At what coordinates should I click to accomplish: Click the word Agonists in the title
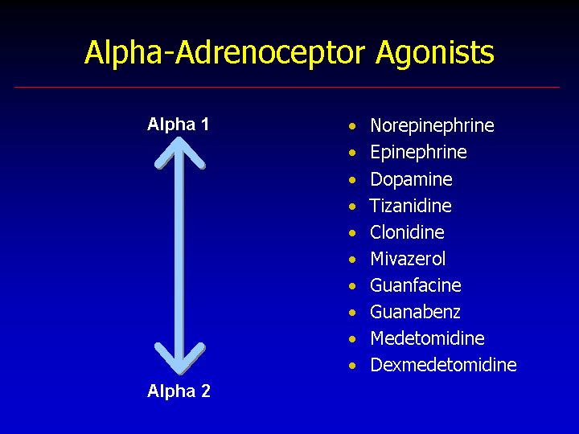[x=435, y=54]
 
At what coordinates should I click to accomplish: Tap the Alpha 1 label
[x=178, y=124]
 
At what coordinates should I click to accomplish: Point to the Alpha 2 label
[x=179, y=391]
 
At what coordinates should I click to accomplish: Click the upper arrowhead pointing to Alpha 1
[x=179, y=151]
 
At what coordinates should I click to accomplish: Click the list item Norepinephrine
[x=432, y=126]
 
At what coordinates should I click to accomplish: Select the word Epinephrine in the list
[x=418, y=153]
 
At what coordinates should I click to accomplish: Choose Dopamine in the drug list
[x=412, y=180]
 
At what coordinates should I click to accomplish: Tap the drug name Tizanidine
[x=410, y=206]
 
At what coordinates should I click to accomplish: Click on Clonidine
[x=407, y=232]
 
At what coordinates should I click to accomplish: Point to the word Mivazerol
[x=408, y=259]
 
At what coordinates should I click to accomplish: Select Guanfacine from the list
[x=416, y=285]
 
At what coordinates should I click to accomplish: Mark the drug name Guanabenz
[x=415, y=312]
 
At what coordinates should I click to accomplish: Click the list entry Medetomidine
[x=427, y=339]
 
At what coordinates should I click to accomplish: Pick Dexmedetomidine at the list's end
[x=443, y=366]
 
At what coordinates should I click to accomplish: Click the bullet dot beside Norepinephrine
[x=352, y=127]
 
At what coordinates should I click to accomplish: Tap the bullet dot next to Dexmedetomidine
[x=352, y=366]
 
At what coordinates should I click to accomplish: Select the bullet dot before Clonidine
[x=352, y=233]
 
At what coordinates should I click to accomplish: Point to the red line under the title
[x=287, y=87]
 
